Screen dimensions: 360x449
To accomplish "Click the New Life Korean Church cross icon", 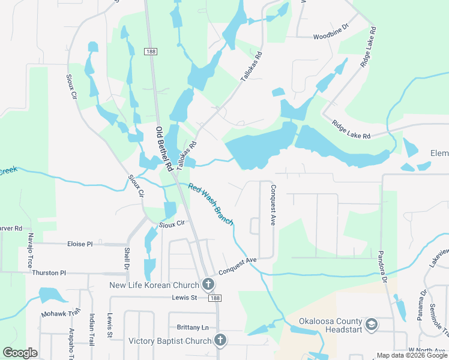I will (208, 284).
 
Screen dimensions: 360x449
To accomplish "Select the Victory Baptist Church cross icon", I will (220, 341).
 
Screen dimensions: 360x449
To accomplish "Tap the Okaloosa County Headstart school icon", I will (372, 325).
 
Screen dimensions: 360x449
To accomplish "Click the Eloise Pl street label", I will (80, 244).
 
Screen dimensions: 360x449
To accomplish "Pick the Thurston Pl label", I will (49, 272).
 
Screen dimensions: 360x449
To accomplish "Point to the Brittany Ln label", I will (193, 327).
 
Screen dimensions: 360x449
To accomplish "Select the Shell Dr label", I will (127, 258).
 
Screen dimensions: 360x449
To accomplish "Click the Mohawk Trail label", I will (61, 313).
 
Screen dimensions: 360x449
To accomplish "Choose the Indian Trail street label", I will (92, 331).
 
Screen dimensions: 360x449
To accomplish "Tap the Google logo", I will (20, 353).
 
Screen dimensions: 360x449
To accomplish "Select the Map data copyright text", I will (412, 355).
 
